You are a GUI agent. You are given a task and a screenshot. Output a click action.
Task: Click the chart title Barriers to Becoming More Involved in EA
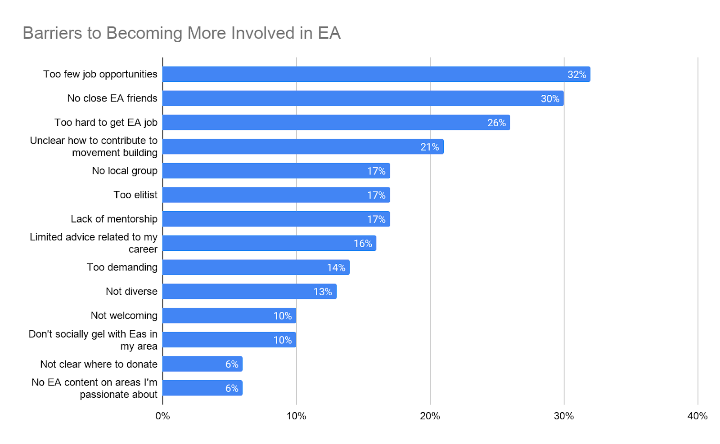click(x=181, y=33)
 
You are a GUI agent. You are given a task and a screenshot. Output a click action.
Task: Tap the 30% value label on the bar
click(x=550, y=99)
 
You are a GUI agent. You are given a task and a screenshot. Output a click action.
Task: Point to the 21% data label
click(x=429, y=147)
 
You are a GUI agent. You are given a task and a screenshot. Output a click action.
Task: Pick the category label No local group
click(x=125, y=171)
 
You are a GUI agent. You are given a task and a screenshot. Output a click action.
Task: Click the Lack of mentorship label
click(x=114, y=219)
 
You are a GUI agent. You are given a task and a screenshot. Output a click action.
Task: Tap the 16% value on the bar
click(x=363, y=244)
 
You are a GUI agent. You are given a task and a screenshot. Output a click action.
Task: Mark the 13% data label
click(x=323, y=292)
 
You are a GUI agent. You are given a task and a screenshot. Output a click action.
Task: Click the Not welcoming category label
click(x=124, y=315)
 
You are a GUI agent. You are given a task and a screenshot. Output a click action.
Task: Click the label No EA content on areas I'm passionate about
click(x=94, y=388)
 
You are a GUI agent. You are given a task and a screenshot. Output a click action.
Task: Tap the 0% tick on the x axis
click(x=162, y=416)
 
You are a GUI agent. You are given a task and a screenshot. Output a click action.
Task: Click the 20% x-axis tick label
click(x=430, y=416)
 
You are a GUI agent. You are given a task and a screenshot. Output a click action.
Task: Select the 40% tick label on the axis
click(x=697, y=416)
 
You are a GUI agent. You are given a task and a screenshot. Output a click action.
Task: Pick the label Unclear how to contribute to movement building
click(x=94, y=147)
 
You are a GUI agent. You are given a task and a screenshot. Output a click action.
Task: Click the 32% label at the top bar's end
click(x=576, y=75)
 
